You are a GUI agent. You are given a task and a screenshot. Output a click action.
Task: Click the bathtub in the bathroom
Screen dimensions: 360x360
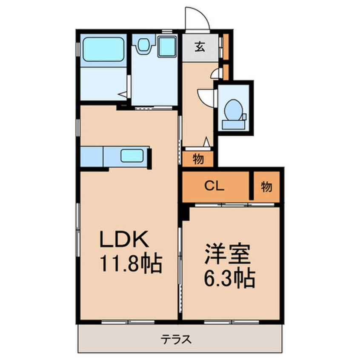[x=103, y=49]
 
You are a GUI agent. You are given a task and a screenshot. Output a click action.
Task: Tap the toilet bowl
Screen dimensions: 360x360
[x=233, y=109]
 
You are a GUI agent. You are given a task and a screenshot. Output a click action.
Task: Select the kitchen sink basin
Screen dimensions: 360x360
[x=133, y=156]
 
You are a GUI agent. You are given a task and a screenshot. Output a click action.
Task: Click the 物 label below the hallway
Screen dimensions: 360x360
[x=198, y=160]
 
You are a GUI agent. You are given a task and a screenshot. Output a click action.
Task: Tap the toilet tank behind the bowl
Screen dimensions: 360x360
[x=233, y=124]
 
